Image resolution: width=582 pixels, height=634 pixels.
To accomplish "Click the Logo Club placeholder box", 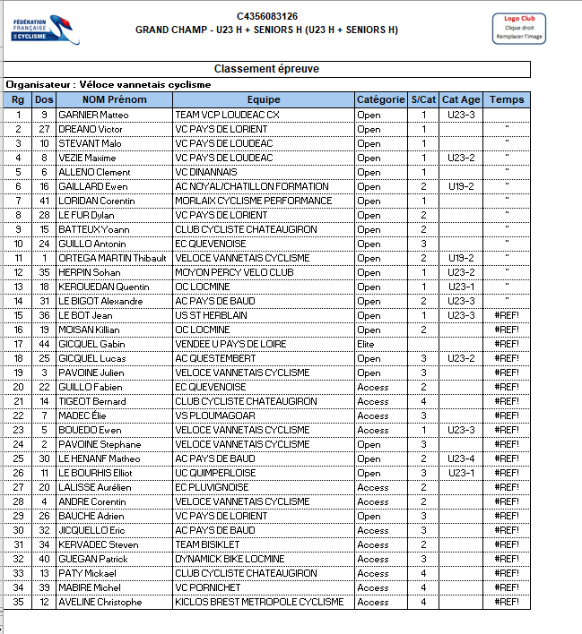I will [x=518, y=27].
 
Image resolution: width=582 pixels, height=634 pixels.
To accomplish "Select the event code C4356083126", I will [x=267, y=16].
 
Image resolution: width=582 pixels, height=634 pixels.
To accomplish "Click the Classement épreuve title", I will [x=266, y=69].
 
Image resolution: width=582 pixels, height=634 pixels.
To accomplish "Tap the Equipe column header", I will [x=264, y=99].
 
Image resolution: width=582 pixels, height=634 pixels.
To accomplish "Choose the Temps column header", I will [x=507, y=99].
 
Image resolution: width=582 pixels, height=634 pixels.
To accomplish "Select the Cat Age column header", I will [x=461, y=99].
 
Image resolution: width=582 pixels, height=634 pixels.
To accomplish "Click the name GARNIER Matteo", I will [x=93, y=115].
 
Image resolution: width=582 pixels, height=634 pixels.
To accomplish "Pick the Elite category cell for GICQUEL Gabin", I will [x=367, y=344].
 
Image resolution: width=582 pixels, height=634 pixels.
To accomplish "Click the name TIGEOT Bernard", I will [x=92, y=401].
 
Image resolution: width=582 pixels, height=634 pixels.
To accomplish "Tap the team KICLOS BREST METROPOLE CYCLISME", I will [x=259, y=602].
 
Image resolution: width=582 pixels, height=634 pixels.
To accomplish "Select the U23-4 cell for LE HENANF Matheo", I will [x=461, y=458].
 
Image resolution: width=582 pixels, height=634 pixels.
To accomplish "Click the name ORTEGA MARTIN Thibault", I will [x=112, y=258].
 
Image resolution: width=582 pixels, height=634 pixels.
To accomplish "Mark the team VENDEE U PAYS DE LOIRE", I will [x=230, y=344].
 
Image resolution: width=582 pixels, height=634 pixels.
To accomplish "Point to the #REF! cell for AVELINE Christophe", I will [x=507, y=602].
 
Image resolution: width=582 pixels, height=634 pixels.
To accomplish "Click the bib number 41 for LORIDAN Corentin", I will [x=44, y=201].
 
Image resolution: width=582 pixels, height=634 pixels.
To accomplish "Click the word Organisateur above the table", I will [x=36, y=84].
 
